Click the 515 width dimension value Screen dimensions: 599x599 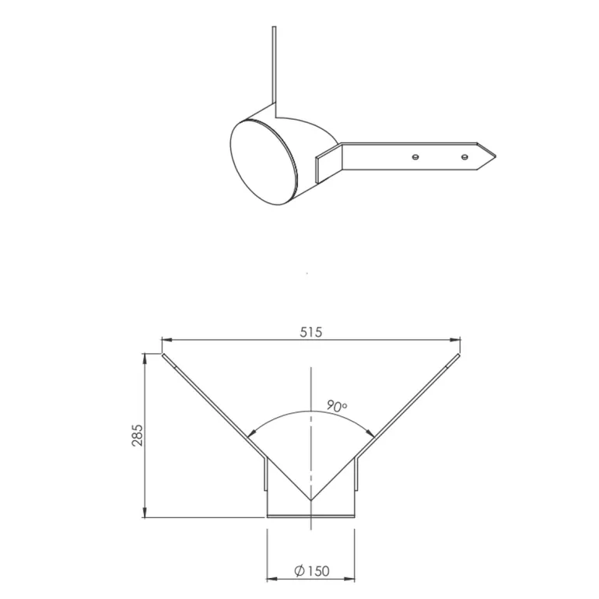point(311,332)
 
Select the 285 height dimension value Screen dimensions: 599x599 point(137,435)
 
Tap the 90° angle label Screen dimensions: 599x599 point(337,406)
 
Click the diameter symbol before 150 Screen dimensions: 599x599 point(299,571)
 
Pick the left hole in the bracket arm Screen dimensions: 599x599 point(415,157)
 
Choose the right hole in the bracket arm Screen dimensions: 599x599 point(464,157)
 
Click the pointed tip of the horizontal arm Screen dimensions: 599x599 point(496,156)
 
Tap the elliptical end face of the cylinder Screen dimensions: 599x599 point(264,163)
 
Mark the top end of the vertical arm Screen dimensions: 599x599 point(274,26)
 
